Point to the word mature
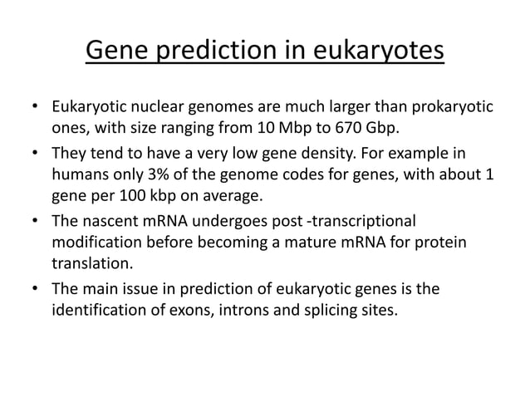coord(330,242)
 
